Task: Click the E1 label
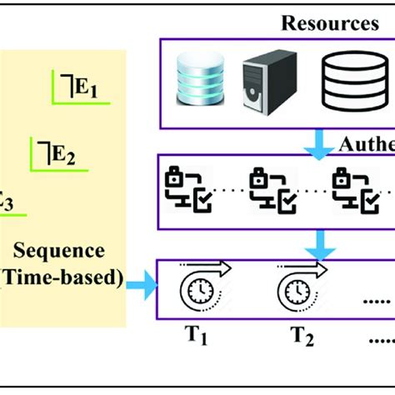pos(85,88)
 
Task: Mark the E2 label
pos(63,152)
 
